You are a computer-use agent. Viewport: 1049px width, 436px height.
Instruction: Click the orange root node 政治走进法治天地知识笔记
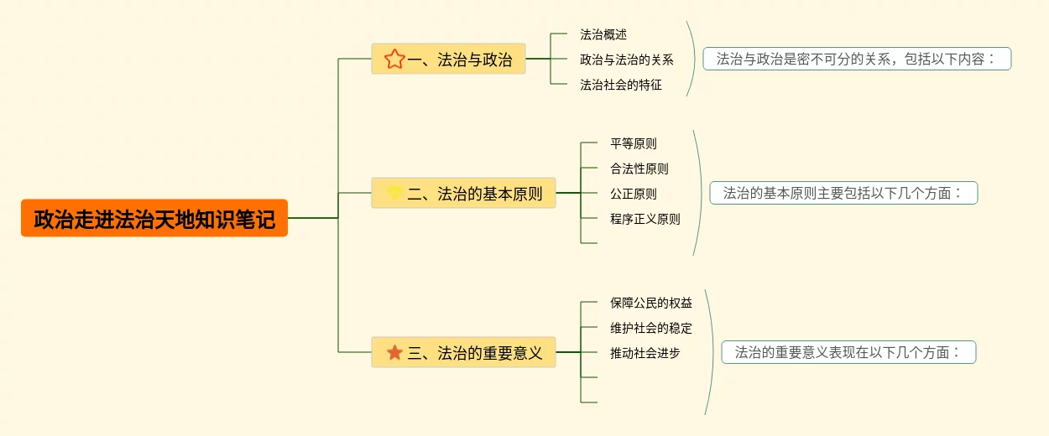click(154, 218)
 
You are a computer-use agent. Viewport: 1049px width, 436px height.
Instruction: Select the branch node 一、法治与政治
click(448, 60)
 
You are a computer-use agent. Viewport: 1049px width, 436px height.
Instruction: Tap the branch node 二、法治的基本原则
click(463, 194)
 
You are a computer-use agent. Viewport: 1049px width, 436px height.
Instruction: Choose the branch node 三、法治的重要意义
click(463, 353)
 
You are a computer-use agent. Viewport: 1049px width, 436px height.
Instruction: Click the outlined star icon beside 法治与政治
click(394, 60)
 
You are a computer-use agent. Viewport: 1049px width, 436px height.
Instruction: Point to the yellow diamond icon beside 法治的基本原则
click(394, 194)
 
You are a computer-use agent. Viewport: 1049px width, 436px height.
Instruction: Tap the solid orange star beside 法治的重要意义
click(394, 353)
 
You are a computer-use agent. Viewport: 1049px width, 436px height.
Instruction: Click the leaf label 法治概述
click(603, 34)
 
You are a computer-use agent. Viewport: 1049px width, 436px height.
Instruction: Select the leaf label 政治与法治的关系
click(627, 60)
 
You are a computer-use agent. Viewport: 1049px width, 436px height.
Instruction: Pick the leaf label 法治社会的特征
click(621, 85)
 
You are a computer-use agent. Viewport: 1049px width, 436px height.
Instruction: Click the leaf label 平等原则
click(634, 143)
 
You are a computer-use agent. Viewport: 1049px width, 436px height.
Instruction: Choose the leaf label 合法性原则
click(639, 169)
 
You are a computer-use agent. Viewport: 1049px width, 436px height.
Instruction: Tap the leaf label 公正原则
click(634, 194)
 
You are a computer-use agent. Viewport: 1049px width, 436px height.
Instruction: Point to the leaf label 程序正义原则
click(645, 219)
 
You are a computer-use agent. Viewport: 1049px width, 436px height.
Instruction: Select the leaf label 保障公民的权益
click(651, 303)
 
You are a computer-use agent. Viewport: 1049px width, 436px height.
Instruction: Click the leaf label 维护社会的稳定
click(651, 328)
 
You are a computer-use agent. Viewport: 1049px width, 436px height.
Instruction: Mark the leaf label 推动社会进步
click(645, 353)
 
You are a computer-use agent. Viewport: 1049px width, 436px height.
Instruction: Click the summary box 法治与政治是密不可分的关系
click(857, 59)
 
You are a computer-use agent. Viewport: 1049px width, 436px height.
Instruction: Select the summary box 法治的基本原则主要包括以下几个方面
click(843, 193)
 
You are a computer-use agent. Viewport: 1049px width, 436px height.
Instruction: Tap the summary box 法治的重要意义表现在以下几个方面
click(848, 352)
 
